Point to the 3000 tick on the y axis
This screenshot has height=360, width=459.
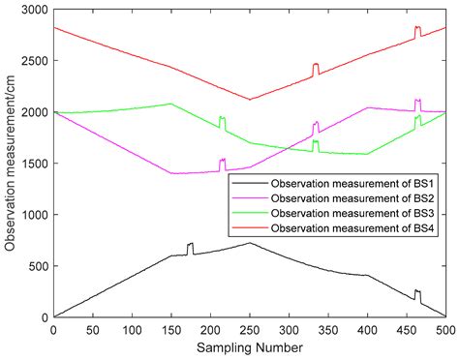tap(35, 10)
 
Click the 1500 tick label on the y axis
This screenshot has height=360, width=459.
tap(35, 164)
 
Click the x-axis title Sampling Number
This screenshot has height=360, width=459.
tap(249, 346)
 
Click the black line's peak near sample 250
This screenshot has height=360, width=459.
tap(250, 243)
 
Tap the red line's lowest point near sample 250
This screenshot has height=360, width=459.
tap(250, 99)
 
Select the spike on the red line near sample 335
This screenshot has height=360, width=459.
tap(316, 66)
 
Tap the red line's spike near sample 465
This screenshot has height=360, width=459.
tap(417, 29)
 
